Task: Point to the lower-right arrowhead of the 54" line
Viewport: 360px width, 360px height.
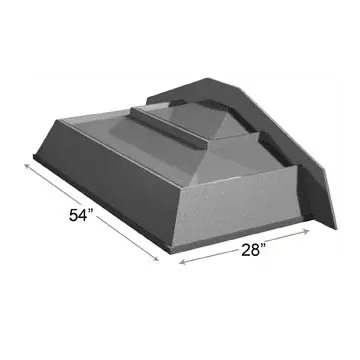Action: click(x=158, y=262)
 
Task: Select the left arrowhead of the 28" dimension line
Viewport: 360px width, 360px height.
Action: click(x=180, y=267)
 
